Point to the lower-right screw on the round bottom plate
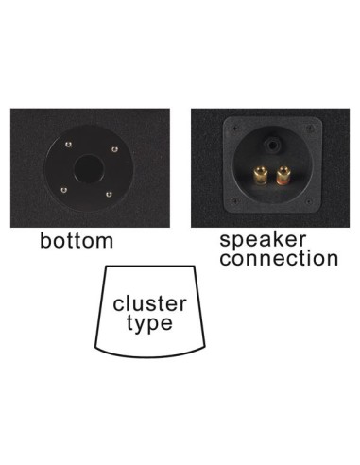(x=111, y=195)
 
